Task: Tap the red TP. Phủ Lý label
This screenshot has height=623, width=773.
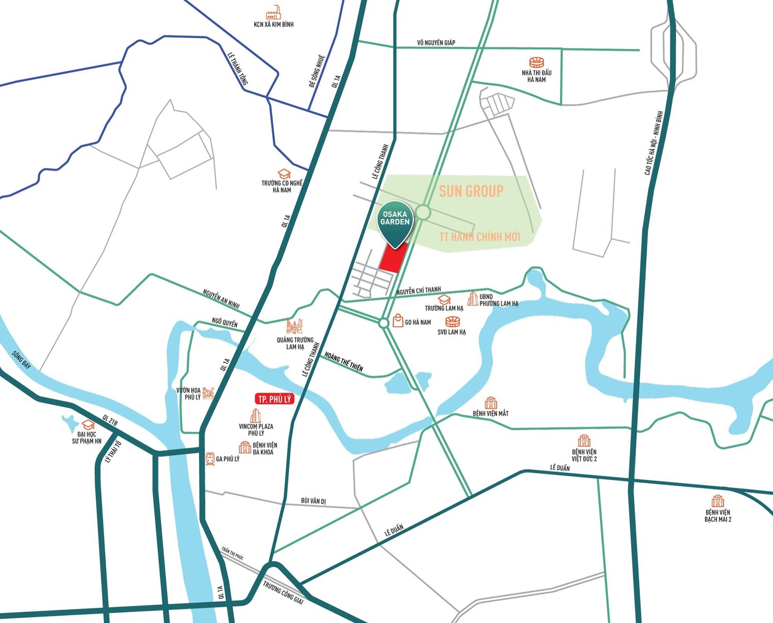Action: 274,399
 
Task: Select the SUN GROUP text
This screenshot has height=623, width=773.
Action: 471,191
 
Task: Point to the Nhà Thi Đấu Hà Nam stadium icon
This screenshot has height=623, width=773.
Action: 536,62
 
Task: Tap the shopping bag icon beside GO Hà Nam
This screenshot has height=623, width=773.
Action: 398,321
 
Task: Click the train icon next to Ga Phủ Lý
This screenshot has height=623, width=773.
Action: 210,459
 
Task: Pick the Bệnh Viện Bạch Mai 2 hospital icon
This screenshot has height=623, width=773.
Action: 717,501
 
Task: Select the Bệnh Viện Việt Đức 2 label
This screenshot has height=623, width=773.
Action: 584,456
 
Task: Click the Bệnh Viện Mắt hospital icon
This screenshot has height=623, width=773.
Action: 491,403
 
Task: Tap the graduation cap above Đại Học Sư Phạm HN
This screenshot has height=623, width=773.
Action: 88,425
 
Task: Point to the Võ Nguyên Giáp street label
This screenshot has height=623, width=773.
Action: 436,43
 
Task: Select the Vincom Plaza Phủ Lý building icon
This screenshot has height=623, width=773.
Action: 256,415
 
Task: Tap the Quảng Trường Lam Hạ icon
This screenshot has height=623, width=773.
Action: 294,326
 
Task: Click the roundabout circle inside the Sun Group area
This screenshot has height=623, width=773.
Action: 423,212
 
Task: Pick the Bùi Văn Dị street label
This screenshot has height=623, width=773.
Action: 313,501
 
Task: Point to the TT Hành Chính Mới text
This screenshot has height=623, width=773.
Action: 479,237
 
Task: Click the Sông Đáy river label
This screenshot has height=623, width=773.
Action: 21,360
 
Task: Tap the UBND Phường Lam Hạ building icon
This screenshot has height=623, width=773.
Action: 473,298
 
